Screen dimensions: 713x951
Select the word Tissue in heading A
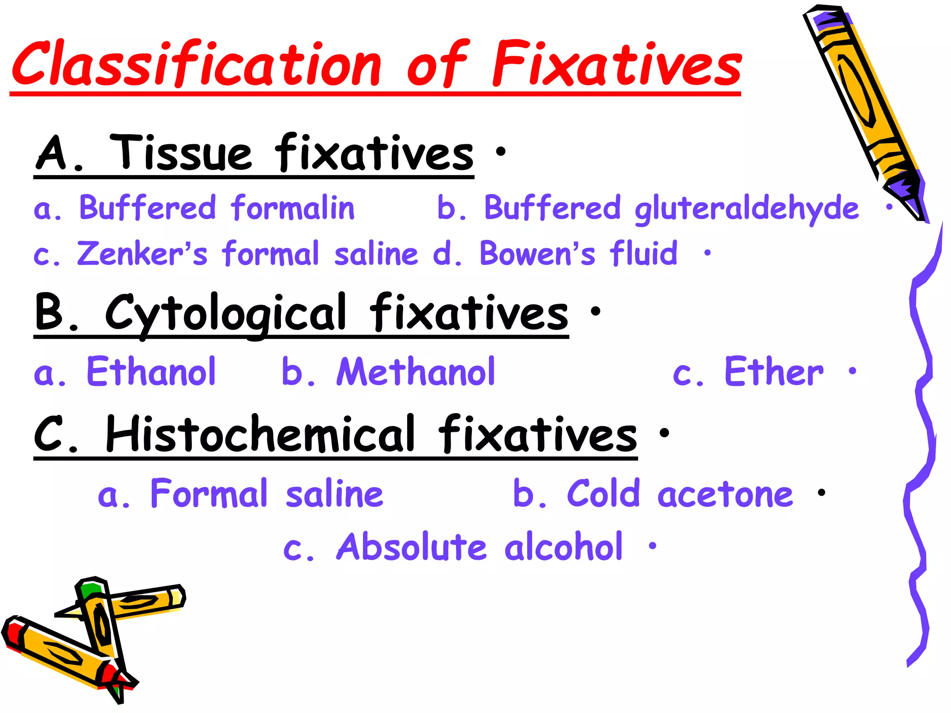point(181,153)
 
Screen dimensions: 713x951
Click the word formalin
point(293,207)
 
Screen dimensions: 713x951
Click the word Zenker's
point(142,254)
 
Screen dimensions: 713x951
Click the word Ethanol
point(151,372)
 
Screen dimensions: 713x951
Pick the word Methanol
point(416,372)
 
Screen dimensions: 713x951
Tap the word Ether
point(774,372)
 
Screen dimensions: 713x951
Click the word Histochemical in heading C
point(260,434)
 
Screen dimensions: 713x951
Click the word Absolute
point(411,547)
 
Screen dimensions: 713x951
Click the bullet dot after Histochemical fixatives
point(664,433)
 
